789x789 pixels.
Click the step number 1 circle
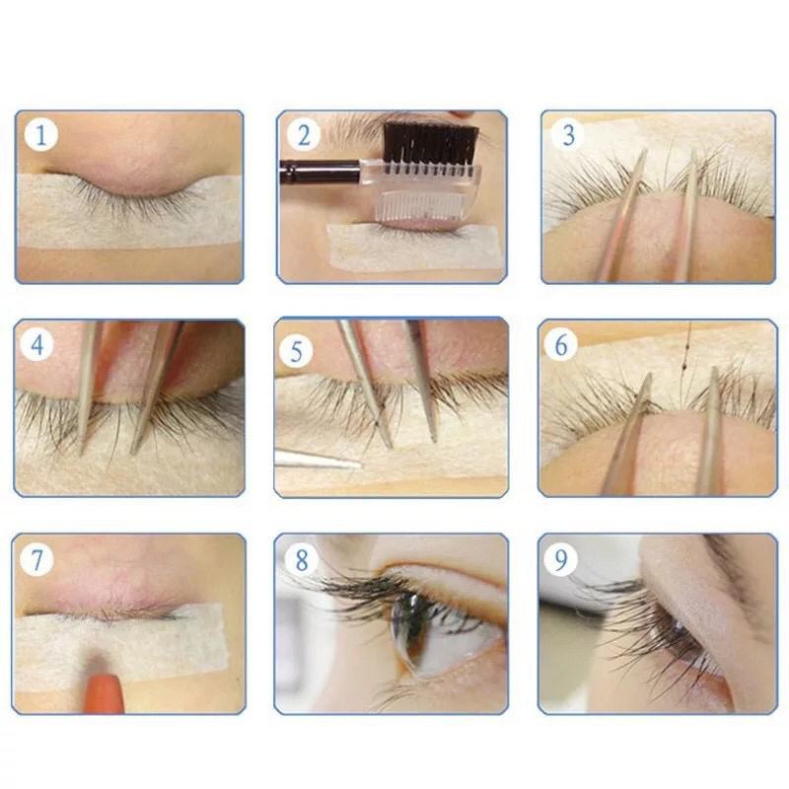tap(41, 135)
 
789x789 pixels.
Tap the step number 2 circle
tap(304, 135)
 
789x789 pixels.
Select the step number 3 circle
tap(568, 135)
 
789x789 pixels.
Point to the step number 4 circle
tap(37, 344)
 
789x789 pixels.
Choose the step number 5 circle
tap(297, 351)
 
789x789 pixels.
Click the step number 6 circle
tap(561, 344)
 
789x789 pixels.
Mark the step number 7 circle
tap(37, 559)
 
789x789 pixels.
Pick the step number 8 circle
tap(301, 559)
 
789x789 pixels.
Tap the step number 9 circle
tap(561, 559)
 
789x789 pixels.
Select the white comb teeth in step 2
tap(420, 207)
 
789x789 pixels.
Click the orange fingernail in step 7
tap(105, 693)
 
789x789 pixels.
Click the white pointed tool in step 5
tap(318, 459)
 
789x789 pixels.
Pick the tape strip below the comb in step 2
tap(411, 247)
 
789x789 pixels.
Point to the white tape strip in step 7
tap(120, 647)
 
